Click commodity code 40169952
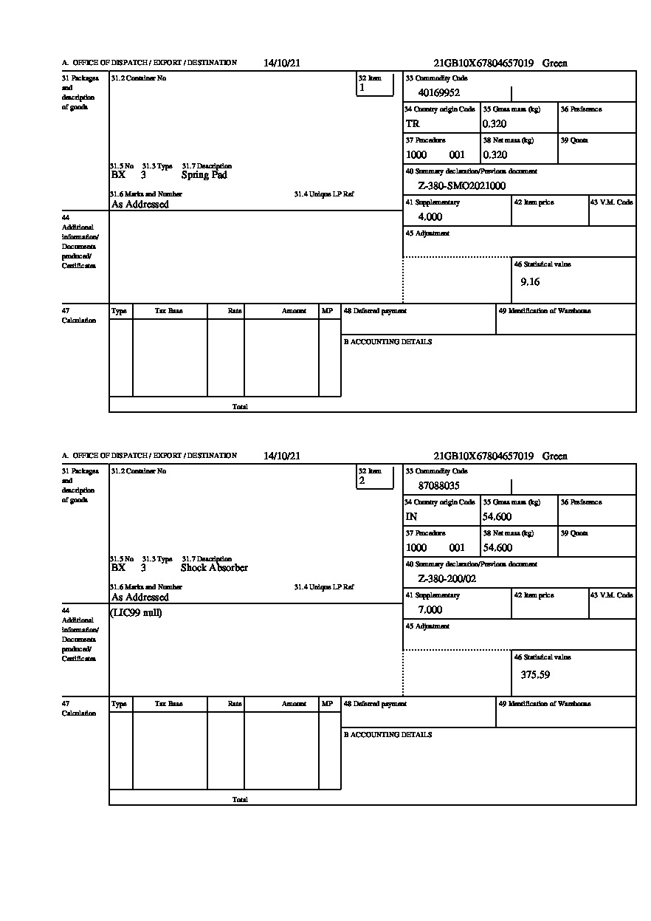[x=438, y=93]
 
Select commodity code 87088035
[x=438, y=486]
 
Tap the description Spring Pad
[x=204, y=175]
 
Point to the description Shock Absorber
[x=214, y=568]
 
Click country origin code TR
[x=413, y=124]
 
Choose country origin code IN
[x=412, y=517]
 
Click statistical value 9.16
[x=530, y=282]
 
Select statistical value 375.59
[x=535, y=675]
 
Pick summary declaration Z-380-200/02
[x=447, y=579]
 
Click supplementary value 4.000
[x=430, y=217]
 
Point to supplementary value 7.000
[x=430, y=610]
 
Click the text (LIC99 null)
[x=137, y=613]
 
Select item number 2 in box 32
[x=362, y=481]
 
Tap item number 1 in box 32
[x=362, y=88]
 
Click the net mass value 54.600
[x=497, y=548]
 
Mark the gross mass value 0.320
[x=495, y=124]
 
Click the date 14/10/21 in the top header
[x=282, y=64]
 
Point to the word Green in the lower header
[x=554, y=456]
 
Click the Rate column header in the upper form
[x=235, y=312]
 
